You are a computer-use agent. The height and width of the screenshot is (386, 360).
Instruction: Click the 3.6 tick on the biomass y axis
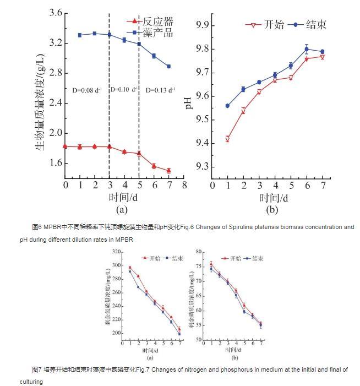click(54, 13)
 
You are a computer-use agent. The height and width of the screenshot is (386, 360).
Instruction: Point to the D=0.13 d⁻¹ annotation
click(160, 89)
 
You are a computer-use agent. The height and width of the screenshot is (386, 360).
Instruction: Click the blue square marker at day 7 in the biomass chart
click(168, 66)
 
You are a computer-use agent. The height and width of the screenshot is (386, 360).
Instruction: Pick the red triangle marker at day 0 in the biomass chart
click(66, 146)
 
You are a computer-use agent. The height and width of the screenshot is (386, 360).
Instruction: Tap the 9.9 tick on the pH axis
click(205, 25)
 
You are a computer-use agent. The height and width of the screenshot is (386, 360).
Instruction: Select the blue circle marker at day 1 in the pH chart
click(227, 106)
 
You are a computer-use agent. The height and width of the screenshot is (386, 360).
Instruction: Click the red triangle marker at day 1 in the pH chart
click(227, 139)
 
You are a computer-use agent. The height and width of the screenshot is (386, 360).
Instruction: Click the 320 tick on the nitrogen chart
click(117, 252)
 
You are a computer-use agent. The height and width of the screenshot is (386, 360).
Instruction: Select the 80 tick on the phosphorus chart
click(199, 252)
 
